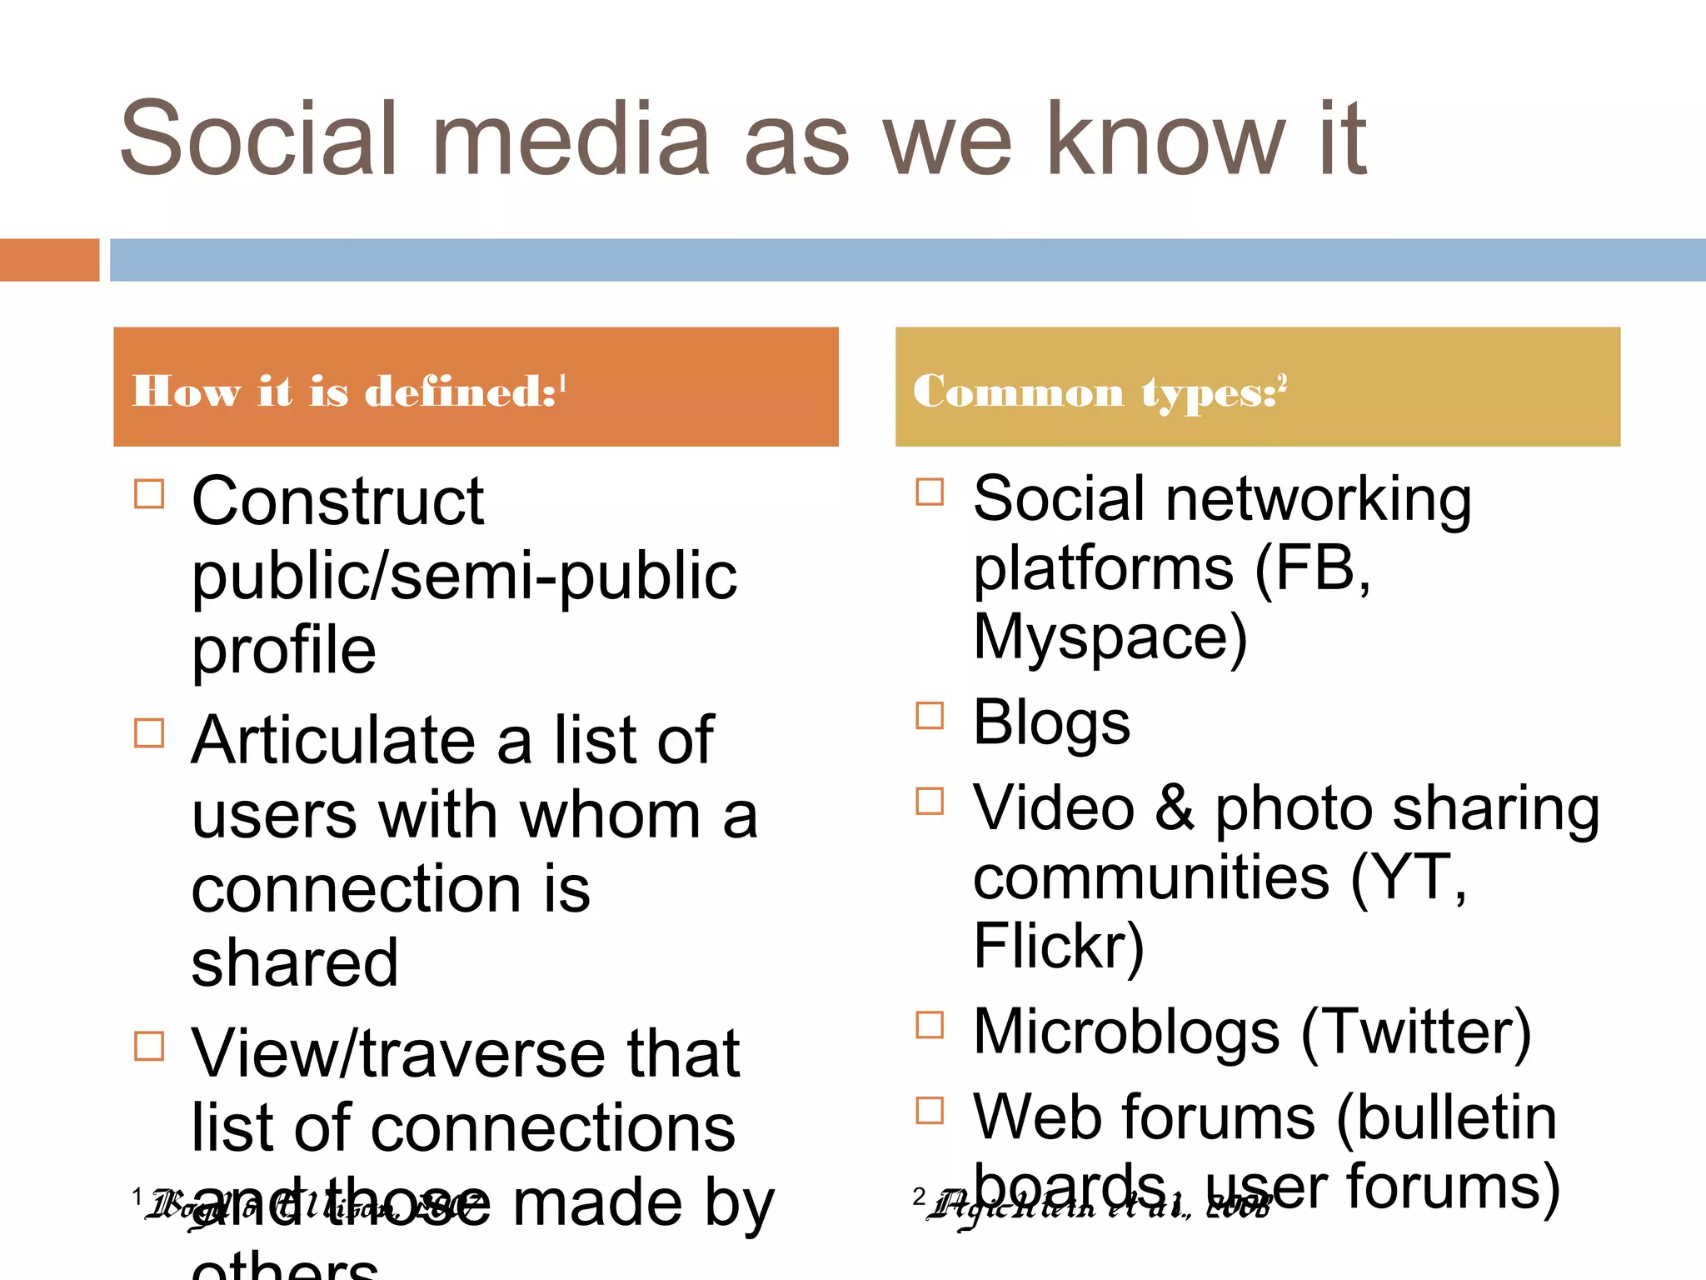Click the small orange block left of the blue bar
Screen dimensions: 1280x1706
49,260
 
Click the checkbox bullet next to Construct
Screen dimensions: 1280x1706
149,493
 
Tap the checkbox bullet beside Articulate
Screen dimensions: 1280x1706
149,733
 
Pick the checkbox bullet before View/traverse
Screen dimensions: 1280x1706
149,1045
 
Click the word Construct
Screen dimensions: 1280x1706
337,502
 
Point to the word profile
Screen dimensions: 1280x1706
284,651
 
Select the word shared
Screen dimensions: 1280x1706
295,963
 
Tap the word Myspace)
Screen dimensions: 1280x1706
1110,638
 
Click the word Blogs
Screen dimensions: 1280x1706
1051,722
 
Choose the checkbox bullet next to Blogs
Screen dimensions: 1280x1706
930,716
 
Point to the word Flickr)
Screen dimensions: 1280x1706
1059,947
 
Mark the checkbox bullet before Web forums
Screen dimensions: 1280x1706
930,1110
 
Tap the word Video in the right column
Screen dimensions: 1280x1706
1054,808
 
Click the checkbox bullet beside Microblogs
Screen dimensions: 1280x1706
930,1025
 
